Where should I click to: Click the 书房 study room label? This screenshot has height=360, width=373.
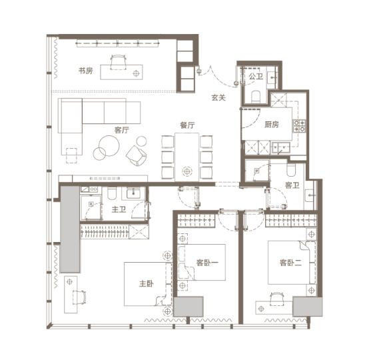pos(86,71)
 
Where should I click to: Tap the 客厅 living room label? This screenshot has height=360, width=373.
pos(121,130)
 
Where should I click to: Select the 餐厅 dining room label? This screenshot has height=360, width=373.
pos(187,125)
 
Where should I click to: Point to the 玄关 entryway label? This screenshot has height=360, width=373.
pos(218,97)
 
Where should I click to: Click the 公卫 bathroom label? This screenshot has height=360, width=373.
pos(256,77)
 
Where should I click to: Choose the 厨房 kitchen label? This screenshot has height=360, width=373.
pos(272,124)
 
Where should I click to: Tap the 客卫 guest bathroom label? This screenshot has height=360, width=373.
pos(292,185)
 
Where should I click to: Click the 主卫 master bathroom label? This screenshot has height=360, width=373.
pos(119,209)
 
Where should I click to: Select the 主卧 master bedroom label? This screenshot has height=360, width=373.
pos(147,283)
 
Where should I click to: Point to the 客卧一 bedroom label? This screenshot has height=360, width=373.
pos(207,263)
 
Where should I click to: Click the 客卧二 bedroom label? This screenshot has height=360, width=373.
pos(290,263)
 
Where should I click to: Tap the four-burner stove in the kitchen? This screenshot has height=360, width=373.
pos(299,126)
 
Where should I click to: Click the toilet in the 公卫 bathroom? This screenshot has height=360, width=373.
pos(256,97)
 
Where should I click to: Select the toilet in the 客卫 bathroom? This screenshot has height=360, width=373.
pos(290,169)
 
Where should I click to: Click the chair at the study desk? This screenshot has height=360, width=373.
pos(119,62)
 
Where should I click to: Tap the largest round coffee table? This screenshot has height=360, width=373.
pos(109,146)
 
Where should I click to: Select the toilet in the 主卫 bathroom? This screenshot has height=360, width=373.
pos(112,193)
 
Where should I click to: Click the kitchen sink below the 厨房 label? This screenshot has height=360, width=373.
pos(280,147)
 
